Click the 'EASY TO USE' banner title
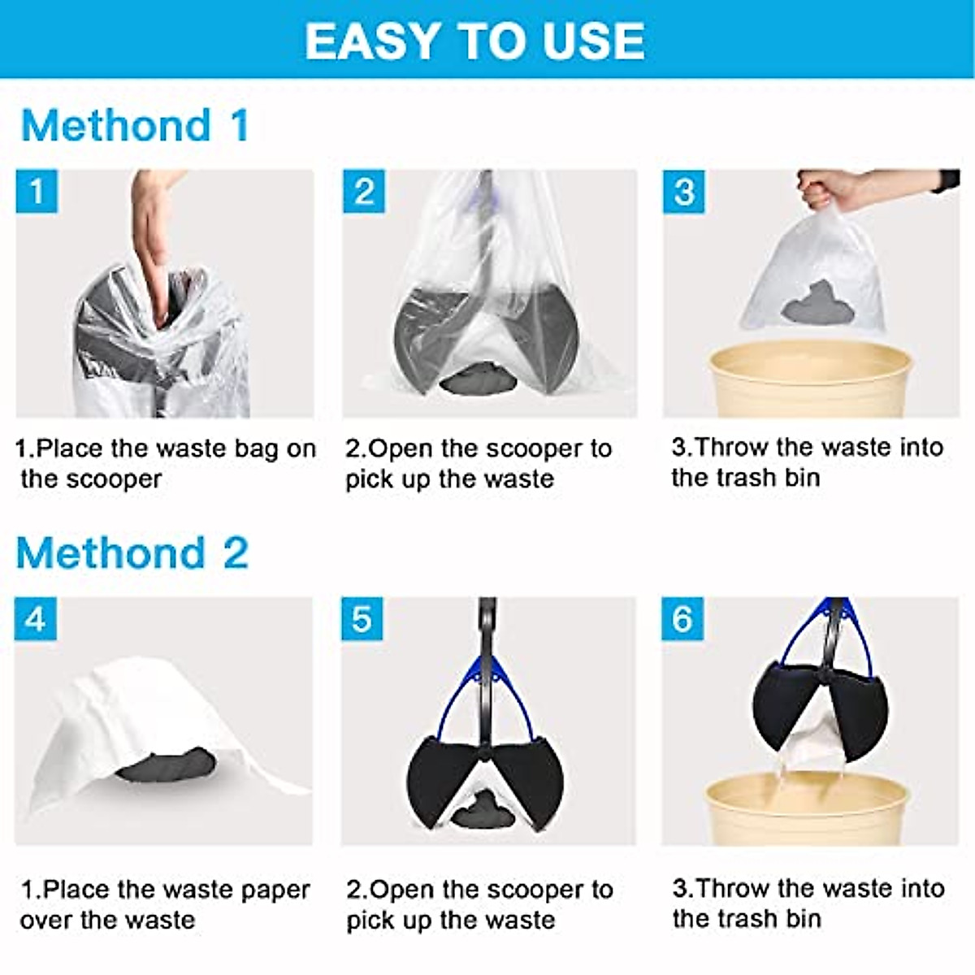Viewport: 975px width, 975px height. [x=475, y=41]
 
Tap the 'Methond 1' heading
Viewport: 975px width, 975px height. [x=134, y=127]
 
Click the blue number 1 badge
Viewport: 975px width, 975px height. [x=37, y=192]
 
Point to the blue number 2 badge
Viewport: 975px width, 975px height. [x=363, y=192]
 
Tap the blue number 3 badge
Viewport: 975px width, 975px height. [x=683, y=192]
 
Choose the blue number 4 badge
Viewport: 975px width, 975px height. [x=36, y=619]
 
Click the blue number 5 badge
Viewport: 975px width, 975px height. [x=362, y=619]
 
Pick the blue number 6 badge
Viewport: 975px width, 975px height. [x=682, y=619]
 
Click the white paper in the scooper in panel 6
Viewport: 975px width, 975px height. [x=812, y=747]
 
